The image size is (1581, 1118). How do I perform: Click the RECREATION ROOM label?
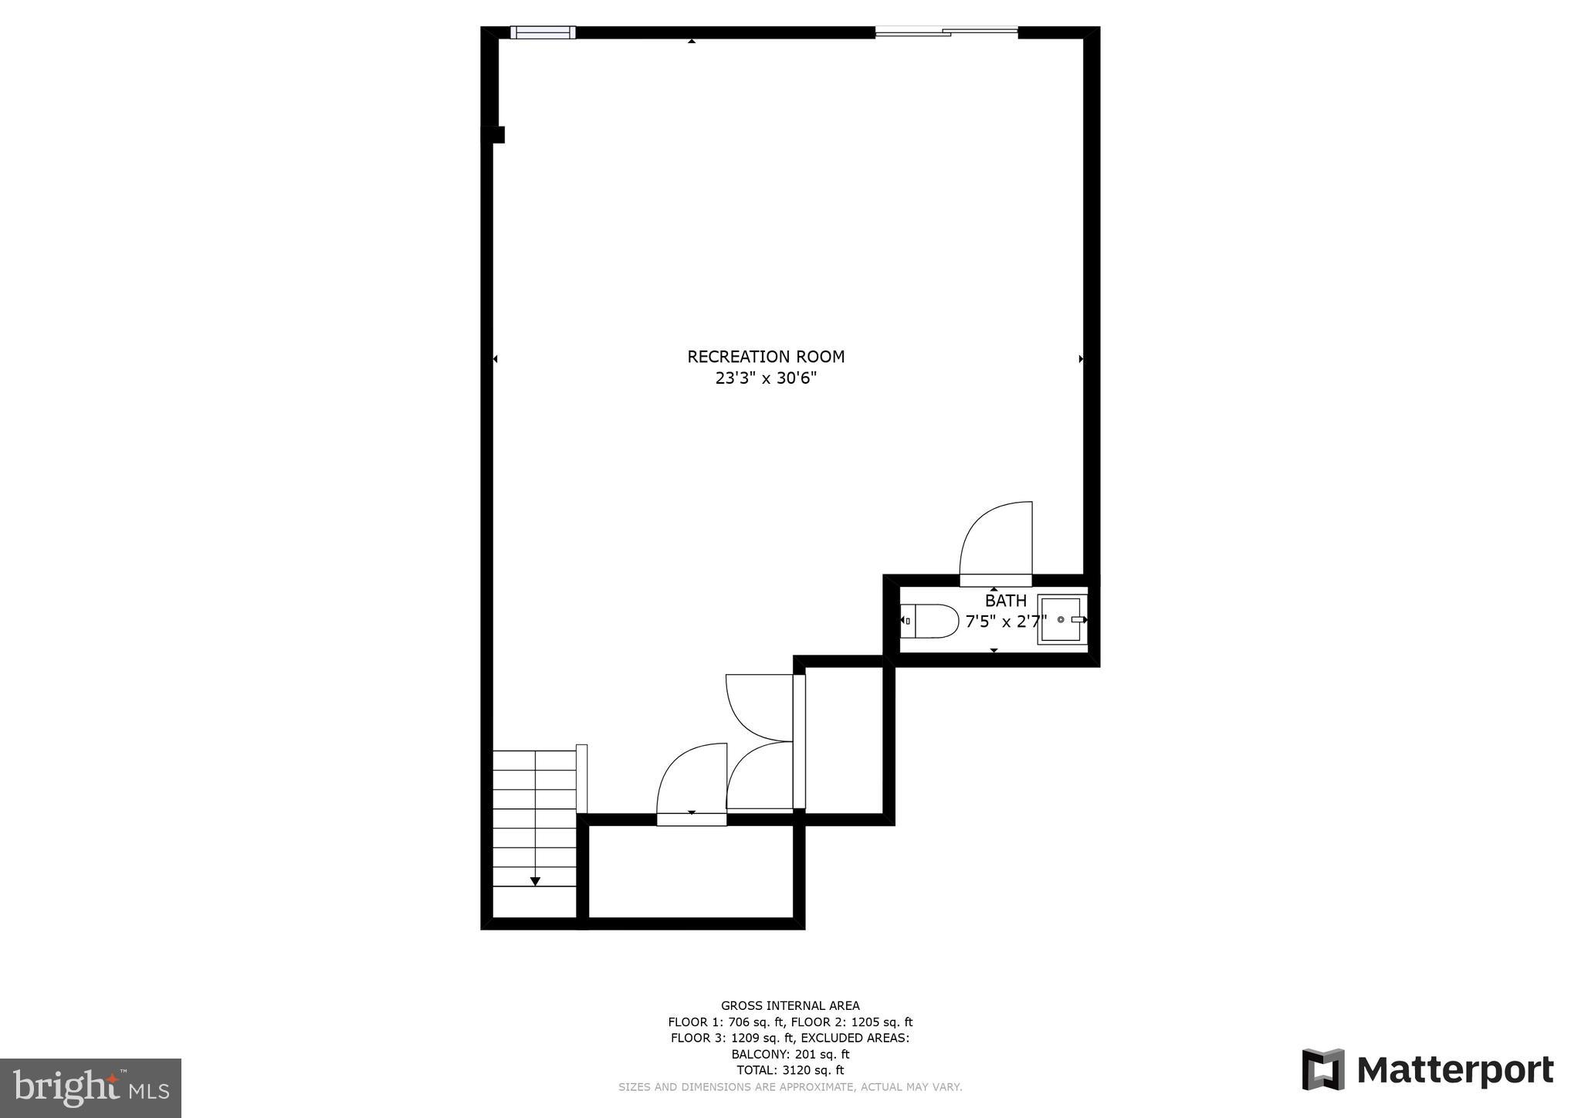click(x=766, y=357)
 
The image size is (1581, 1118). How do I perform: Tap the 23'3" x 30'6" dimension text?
click(x=766, y=378)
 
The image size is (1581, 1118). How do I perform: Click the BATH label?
click(x=1005, y=601)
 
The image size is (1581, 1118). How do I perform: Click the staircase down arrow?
click(x=535, y=881)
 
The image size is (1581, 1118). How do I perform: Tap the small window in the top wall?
click(x=543, y=32)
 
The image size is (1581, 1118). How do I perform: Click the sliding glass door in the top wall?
click(x=946, y=32)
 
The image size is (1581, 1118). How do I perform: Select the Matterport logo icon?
click(x=1323, y=1069)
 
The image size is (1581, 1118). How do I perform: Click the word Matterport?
click(x=1454, y=1071)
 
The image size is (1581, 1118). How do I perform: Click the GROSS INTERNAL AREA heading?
click(x=790, y=1005)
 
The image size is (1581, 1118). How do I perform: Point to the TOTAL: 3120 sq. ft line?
click(x=790, y=1070)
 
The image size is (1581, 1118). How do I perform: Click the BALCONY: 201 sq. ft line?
click(x=790, y=1054)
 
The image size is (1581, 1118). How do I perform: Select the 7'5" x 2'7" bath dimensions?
click(x=1005, y=622)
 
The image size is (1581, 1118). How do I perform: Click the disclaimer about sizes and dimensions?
click(x=790, y=1087)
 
